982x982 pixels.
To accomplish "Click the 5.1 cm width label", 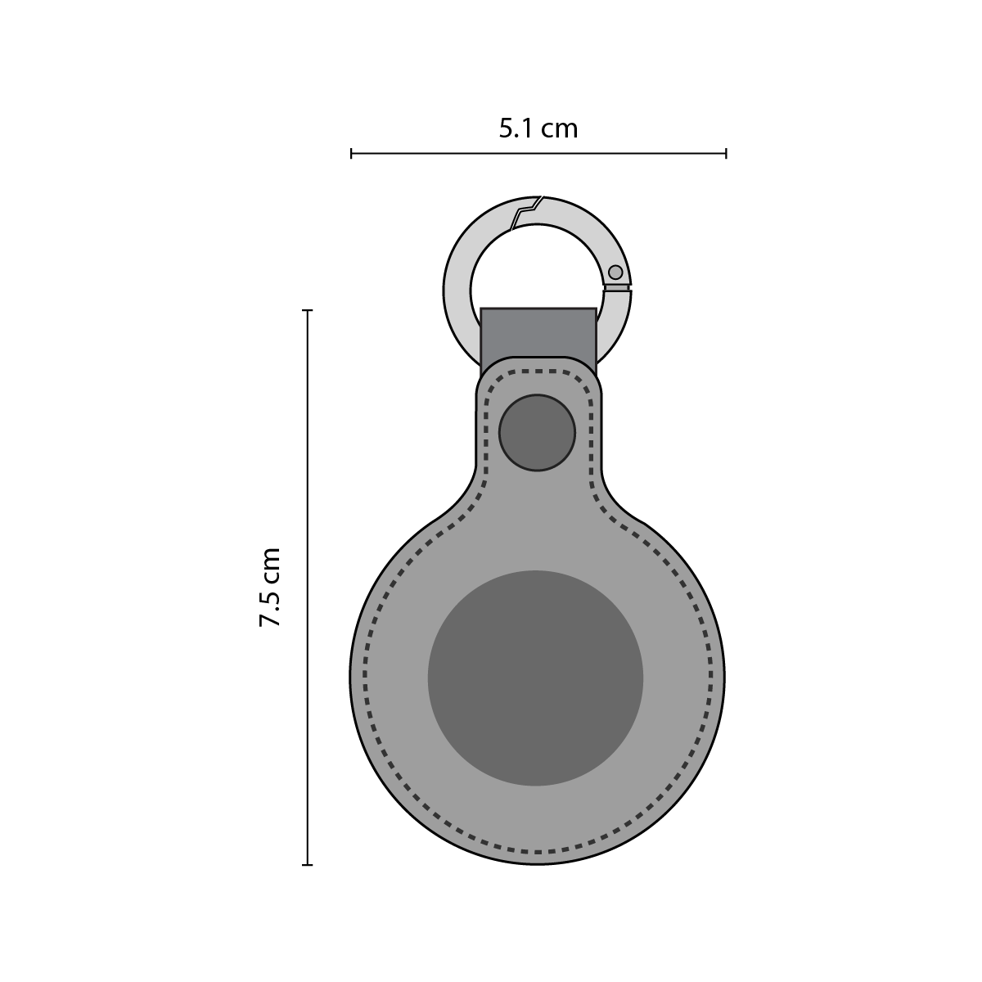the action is tap(538, 128).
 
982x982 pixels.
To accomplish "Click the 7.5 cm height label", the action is tap(269, 588).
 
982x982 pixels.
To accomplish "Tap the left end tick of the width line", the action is tap(351, 153).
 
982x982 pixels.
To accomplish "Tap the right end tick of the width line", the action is tap(726, 153).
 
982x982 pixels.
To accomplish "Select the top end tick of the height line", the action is tap(308, 310).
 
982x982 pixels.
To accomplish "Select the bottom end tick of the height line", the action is tap(308, 865).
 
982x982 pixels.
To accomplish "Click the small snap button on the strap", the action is tap(537, 432).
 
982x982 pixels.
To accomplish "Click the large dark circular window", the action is tap(535, 678).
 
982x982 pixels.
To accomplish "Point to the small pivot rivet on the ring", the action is tap(615, 273).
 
